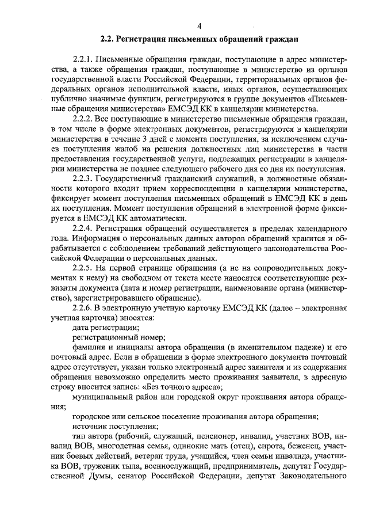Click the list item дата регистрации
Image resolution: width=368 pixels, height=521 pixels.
[x=101, y=328]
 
